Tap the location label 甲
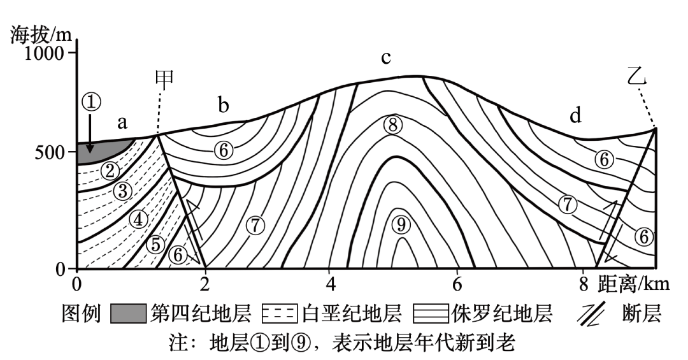(x=164, y=79)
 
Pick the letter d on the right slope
(x=575, y=116)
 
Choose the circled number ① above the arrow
(x=91, y=101)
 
